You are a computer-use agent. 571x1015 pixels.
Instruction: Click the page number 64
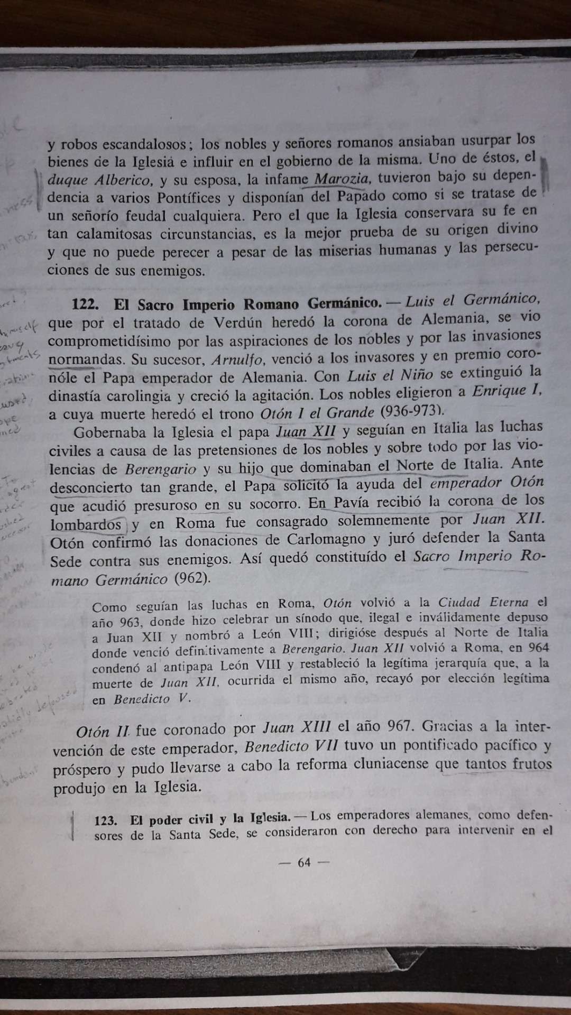click(305, 862)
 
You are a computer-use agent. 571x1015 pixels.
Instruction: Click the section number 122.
click(86, 305)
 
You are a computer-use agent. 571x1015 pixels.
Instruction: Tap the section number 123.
click(105, 820)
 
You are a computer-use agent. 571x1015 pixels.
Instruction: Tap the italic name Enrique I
click(506, 392)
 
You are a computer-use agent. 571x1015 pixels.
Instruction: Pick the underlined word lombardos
click(86, 524)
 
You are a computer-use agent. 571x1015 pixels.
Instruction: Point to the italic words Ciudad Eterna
click(483, 602)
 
